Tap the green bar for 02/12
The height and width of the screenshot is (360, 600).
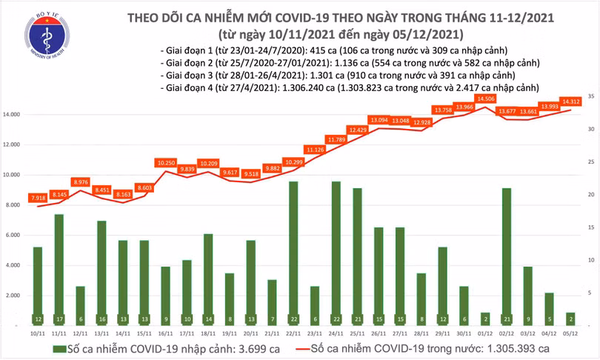coord(506,256)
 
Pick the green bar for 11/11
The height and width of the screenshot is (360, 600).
coord(59,269)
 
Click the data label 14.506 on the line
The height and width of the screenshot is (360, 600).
coord(487,99)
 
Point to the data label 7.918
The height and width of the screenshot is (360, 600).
coord(38,198)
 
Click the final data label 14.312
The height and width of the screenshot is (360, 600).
coord(570,102)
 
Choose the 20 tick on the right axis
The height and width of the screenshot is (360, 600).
coord(591,195)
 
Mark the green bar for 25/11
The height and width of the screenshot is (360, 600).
coord(357,256)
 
